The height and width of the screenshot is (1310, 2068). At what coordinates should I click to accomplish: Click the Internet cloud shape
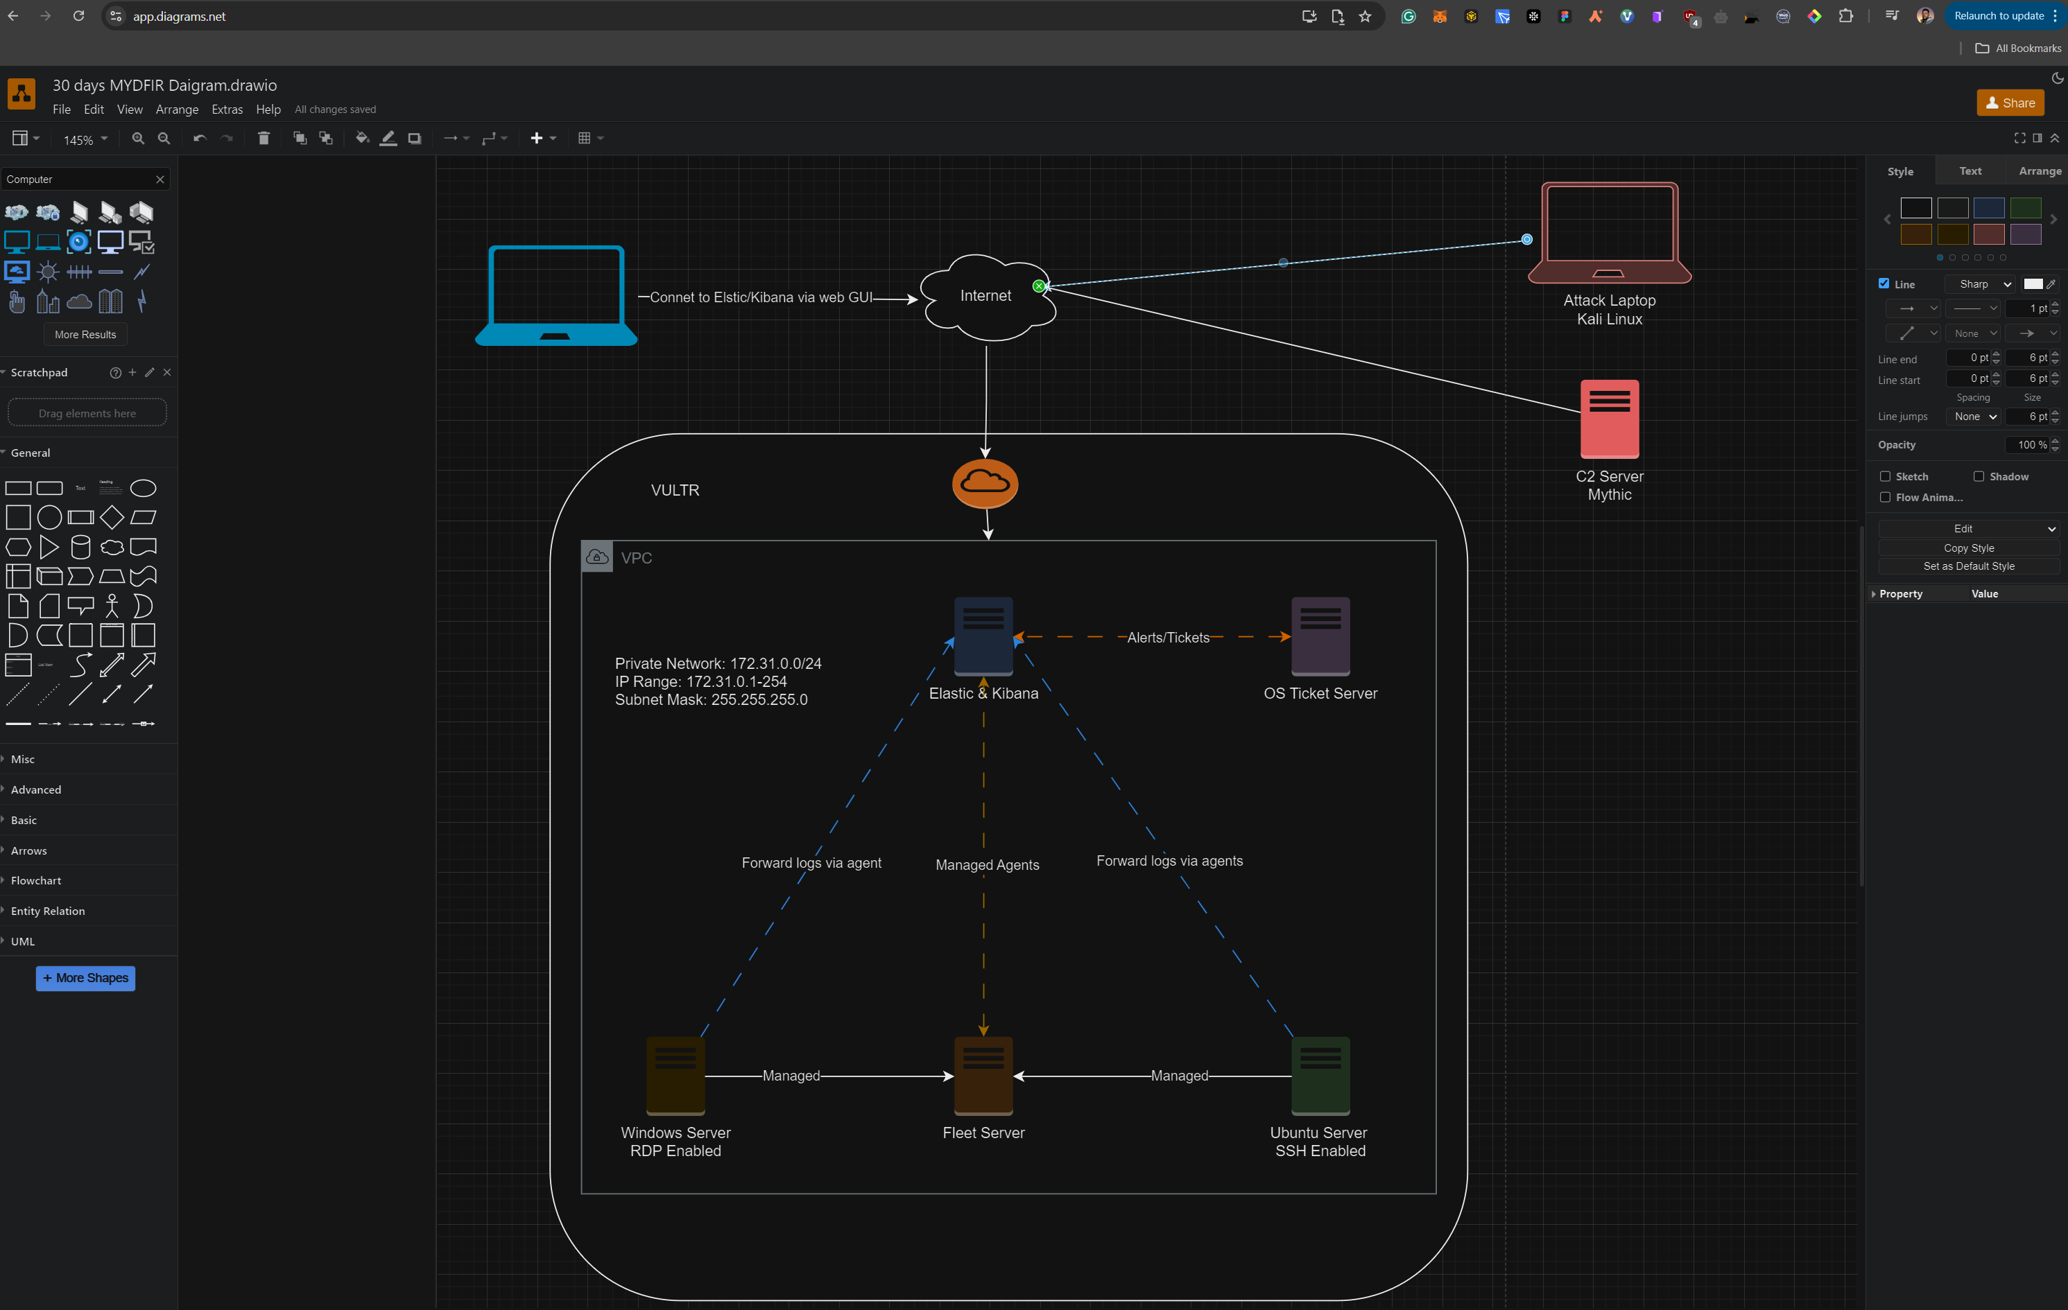986,296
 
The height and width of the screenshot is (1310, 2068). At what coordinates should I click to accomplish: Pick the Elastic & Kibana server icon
983,636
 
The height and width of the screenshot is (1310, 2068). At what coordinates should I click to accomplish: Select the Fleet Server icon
983,1075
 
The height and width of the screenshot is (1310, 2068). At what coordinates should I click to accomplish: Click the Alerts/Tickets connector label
1168,638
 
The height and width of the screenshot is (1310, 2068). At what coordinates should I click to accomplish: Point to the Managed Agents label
987,865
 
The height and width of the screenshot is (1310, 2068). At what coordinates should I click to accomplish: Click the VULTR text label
675,490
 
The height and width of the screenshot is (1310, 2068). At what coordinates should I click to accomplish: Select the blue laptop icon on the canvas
555,295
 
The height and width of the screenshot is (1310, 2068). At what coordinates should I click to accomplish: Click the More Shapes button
85,978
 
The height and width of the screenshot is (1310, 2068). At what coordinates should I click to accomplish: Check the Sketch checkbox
1885,476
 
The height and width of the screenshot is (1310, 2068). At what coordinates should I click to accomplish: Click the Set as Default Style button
1968,566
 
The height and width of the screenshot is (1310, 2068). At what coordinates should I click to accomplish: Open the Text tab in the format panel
1970,171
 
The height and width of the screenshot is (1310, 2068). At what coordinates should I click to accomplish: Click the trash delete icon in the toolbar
264,138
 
